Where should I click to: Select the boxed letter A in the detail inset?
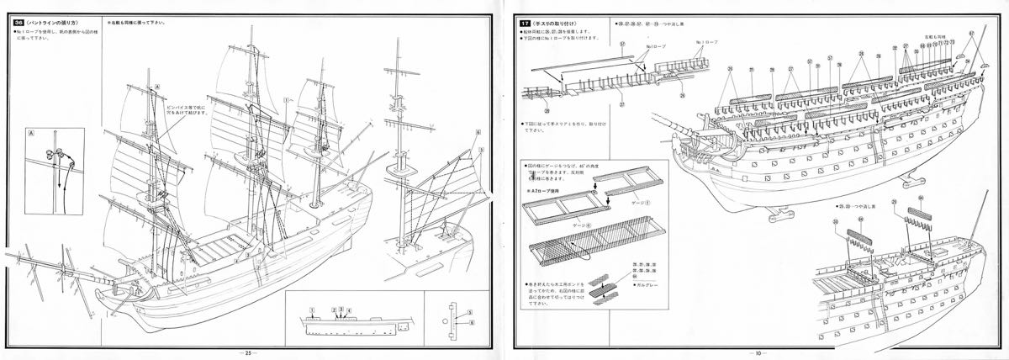pyautogui.click(x=31, y=134)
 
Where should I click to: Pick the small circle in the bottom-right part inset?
pyautogui.click(x=446, y=320)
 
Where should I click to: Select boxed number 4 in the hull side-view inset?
pyautogui.click(x=349, y=310)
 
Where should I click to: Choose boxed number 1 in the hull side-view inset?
pyautogui.click(x=311, y=310)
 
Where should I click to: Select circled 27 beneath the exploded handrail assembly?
pyautogui.click(x=623, y=105)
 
